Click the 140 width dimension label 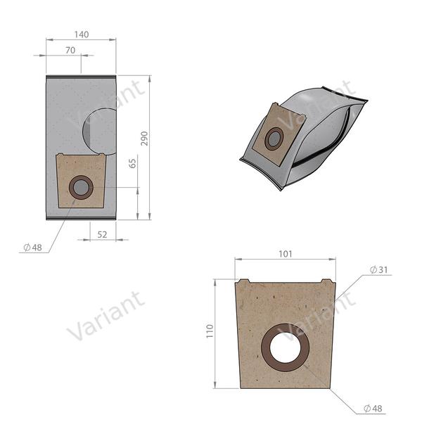click(x=81, y=34)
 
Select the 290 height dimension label click(x=145, y=137)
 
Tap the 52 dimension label click(x=102, y=234)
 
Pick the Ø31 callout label click(x=378, y=271)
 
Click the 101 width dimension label click(x=286, y=255)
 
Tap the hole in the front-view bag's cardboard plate click(x=80, y=187)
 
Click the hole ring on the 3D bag click(x=273, y=138)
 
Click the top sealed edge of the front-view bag click(x=81, y=76)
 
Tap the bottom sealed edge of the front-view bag click(x=81, y=218)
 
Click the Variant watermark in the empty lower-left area click(x=105, y=315)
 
